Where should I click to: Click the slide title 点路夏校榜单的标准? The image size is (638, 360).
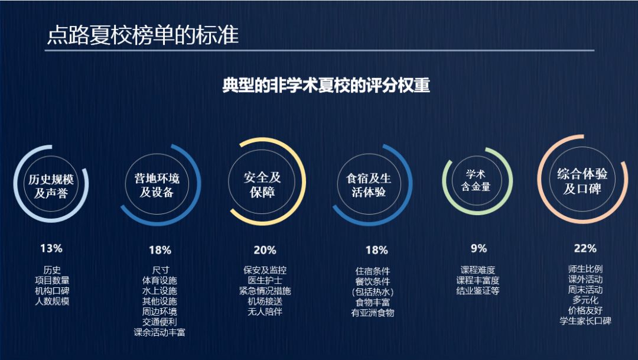point(143,35)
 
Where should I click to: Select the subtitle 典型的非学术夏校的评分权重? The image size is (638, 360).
point(326,86)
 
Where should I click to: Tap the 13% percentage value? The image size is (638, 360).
point(51,248)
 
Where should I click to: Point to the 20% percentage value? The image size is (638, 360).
point(265,250)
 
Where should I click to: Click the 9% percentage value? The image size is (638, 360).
point(479,248)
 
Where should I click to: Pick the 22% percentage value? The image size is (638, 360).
point(585,248)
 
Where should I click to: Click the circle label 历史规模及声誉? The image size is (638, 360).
point(52,186)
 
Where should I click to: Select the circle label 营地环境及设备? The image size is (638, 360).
point(157,186)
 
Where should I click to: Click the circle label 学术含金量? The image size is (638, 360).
point(476,180)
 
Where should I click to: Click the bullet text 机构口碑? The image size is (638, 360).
point(52,291)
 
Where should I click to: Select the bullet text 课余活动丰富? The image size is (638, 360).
point(159,332)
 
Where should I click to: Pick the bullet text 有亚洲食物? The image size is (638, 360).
point(372,313)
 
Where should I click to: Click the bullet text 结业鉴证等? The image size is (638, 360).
point(478,291)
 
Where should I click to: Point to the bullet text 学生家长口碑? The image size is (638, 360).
point(585,321)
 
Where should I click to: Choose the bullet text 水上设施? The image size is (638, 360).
point(159,291)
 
